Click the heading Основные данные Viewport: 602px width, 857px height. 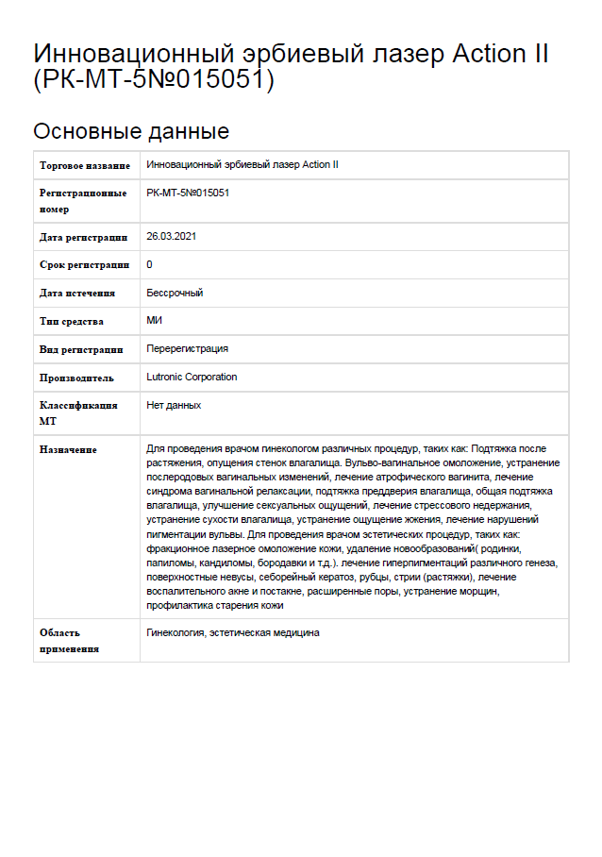click(x=131, y=130)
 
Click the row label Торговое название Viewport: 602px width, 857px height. click(x=85, y=165)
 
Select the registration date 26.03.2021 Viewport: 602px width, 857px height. click(x=171, y=236)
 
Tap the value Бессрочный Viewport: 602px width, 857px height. click(x=175, y=293)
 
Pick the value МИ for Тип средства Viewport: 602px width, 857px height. click(x=155, y=321)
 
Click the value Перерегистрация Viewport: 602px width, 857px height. click(x=188, y=348)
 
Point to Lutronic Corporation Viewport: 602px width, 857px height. click(x=192, y=377)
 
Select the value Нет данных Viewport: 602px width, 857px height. click(x=175, y=405)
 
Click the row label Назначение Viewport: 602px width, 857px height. click(x=68, y=450)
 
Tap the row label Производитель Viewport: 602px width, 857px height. click(x=76, y=378)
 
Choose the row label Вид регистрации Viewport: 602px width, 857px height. click(x=81, y=349)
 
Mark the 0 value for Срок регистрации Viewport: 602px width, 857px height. click(x=150, y=264)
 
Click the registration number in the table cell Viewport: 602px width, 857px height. click(x=189, y=193)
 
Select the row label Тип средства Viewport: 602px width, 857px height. click(x=72, y=322)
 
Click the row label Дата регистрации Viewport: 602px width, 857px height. click(x=83, y=237)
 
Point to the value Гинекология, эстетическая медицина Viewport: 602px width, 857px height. click(x=233, y=632)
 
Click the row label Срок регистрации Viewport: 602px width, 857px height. click(x=84, y=265)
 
